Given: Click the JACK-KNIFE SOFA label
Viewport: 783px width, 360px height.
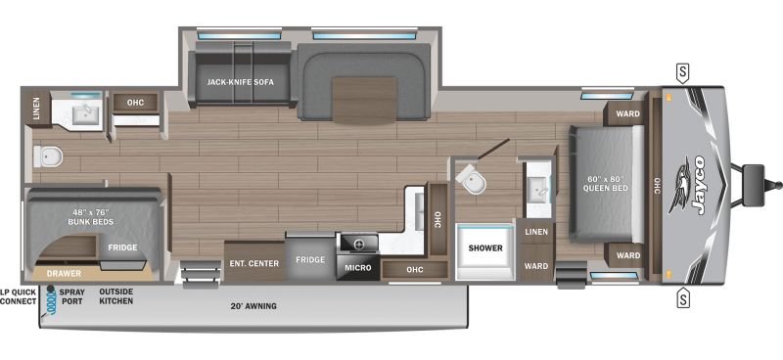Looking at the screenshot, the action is click(240, 82).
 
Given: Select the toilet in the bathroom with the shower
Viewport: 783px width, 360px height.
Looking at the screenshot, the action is click(471, 180).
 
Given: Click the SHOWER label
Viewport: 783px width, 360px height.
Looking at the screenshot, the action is click(485, 247).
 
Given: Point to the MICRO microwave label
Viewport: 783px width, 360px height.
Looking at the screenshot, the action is click(358, 268).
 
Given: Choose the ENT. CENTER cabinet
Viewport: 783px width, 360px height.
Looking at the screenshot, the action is click(254, 261).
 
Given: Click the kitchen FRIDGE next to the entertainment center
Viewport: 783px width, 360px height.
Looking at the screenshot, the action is click(310, 258).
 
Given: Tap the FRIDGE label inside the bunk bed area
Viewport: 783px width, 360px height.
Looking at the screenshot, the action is click(123, 247).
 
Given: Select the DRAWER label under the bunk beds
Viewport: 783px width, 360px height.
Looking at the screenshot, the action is click(64, 274).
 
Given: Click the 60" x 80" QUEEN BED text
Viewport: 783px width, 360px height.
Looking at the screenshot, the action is click(605, 184).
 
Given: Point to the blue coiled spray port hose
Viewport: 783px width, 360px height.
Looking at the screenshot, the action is click(51, 301).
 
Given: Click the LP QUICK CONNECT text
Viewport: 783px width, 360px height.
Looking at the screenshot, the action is click(19, 296).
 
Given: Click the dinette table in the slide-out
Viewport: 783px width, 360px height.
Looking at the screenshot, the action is click(364, 101).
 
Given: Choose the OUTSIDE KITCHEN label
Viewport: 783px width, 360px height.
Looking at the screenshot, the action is click(115, 296).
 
